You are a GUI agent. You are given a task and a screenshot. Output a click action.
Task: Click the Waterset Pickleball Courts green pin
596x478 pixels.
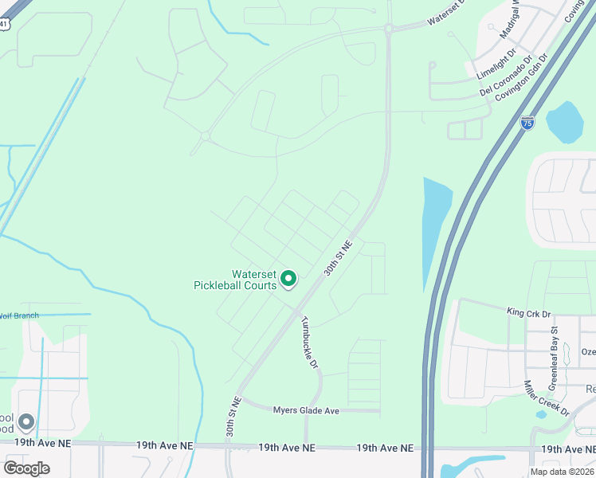[x=288, y=279]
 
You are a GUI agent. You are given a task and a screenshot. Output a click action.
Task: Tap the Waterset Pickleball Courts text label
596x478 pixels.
[x=235, y=279]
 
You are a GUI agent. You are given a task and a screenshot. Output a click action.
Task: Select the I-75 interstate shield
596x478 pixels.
[x=527, y=123]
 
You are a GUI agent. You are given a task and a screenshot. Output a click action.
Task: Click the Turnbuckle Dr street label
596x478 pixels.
[x=309, y=343]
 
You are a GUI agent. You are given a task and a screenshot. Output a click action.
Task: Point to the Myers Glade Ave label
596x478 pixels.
[x=306, y=410]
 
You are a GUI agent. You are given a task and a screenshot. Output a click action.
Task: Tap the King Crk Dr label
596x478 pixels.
[x=529, y=312]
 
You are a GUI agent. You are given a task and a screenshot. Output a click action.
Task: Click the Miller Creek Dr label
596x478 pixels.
[x=546, y=398]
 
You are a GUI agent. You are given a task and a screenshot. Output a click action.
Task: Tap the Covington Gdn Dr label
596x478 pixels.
[x=522, y=77]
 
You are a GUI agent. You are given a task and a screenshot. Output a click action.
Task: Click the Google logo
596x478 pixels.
[x=26, y=468]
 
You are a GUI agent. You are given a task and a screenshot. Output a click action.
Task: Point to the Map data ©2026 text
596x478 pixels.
[x=563, y=472]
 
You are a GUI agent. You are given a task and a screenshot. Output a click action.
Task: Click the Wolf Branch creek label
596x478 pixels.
[x=19, y=315]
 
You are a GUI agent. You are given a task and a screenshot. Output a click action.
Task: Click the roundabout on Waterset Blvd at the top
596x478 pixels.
[x=388, y=29]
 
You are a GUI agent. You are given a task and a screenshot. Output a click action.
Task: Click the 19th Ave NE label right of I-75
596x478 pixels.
[x=568, y=449]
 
